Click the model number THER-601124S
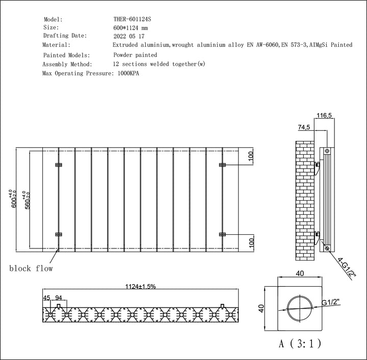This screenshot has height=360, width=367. click(x=132, y=19)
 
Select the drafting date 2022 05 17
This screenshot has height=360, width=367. click(x=129, y=37)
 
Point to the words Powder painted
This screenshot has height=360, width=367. click(x=135, y=55)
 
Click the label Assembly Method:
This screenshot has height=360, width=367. click(x=67, y=65)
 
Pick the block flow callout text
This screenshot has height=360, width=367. click(x=30, y=268)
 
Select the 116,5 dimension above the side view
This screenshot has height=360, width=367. click(x=324, y=116)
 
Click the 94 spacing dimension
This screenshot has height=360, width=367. click(x=59, y=298)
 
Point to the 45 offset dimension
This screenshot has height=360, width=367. click(x=47, y=298)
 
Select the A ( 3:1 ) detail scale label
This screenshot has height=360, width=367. click(x=300, y=344)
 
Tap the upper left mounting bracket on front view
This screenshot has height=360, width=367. click(x=59, y=165)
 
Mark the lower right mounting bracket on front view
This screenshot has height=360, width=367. click(x=222, y=234)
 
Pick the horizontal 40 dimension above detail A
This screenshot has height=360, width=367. click(x=300, y=274)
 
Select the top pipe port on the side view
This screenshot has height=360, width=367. click(x=327, y=151)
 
